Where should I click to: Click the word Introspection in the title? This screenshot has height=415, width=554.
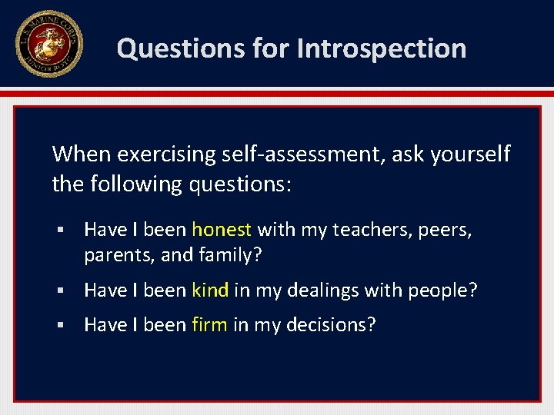[382, 48]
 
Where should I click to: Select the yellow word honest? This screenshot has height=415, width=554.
[222, 230]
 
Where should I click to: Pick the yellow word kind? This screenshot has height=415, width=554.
[210, 290]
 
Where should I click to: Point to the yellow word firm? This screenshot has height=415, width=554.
[209, 325]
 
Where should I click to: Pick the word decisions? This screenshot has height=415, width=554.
[331, 325]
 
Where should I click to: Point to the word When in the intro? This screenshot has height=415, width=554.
[82, 154]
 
